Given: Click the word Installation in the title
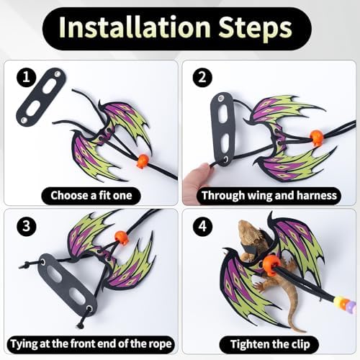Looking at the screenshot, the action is pyautogui.click(x=135, y=27).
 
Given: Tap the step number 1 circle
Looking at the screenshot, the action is pyautogui.click(x=27, y=77).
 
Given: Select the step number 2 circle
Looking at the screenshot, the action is pyautogui.click(x=202, y=77).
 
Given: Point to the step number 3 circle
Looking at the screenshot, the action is pyautogui.click(x=27, y=226).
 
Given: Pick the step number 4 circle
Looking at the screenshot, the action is pyautogui.click(x=202, y=226).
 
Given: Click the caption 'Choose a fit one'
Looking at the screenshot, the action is pyautogui.click(x=91, y=196).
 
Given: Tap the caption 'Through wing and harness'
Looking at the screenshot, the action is pyautogui.click(x=269, y=196).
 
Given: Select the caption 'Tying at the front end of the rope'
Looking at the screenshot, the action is pyautogui.click(x=91, y=344).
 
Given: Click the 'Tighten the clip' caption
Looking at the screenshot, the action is pyautogui.click(x=270, y=344).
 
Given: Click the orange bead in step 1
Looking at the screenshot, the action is pyautogui.click(x=143, y=161).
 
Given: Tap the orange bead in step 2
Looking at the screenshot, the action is pyautogui.click(x=317, y=138).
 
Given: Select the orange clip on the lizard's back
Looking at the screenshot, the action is pyautogui.click(x=271, y=265).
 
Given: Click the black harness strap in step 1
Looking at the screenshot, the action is pyautogui.click(x=41, y=96).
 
